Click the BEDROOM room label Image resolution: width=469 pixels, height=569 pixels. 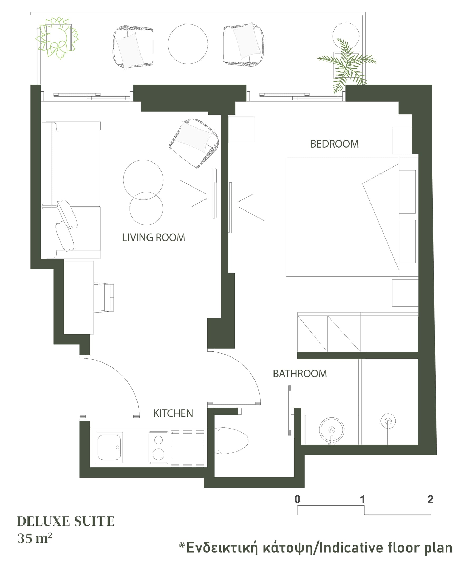[x=334, y=144]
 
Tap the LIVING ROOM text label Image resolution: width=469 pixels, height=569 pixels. [x=153, y=237]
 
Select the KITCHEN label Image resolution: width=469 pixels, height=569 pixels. [x=173, y=413]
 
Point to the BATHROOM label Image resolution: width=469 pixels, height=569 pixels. [x=300, y=374]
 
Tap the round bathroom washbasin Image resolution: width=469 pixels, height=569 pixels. [x=331, y=430]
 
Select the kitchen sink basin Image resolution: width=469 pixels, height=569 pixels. [x=109, y=448]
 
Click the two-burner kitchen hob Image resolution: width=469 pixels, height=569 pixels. [x=159, y=448]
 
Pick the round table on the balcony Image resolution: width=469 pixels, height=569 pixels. [x=188, y=44]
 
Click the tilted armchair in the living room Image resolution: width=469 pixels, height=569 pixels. [x=194, y=143]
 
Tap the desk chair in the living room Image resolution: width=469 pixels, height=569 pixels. [x=104, y=298]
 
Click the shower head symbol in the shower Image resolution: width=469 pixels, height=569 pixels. [x=388, y=421]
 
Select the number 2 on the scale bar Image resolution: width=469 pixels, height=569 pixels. [x=430, y=499]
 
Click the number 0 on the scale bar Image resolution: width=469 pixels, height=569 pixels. [x=297, y=499]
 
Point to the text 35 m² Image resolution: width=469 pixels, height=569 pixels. [x=35, y=538]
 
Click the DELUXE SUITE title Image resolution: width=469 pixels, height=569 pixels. [x=66, y=521]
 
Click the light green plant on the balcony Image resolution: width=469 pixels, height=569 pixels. [x=57, y=38]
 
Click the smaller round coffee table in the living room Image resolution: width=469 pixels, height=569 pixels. [x=146, y=208]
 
